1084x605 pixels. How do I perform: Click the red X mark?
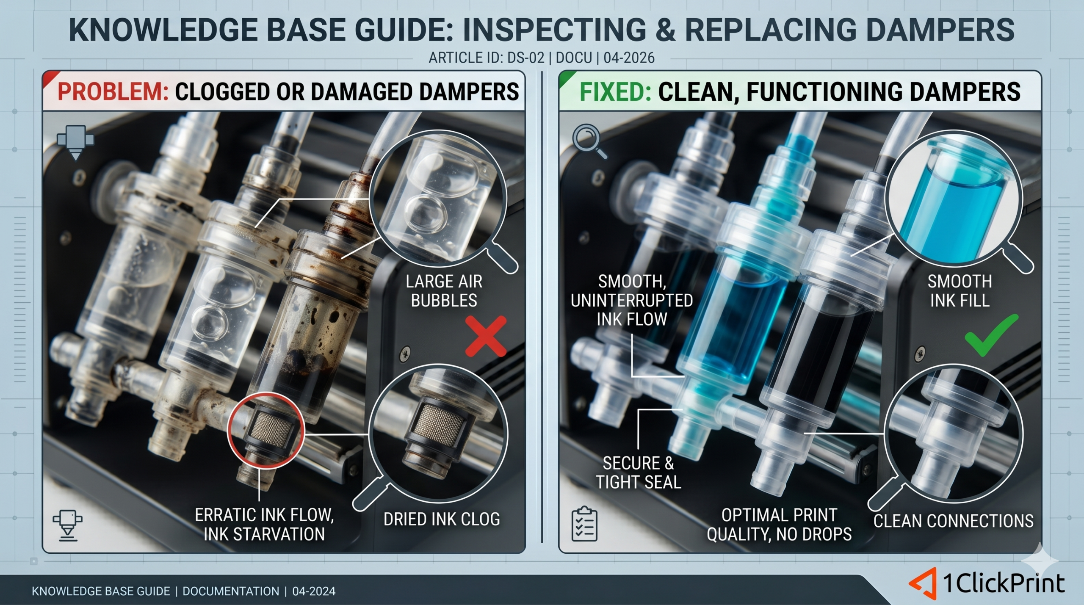486,336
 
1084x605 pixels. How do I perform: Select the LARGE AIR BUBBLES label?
444,291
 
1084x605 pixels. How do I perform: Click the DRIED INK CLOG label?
442,519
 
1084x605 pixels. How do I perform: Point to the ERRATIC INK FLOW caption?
264,525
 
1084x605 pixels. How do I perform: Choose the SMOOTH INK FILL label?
960,291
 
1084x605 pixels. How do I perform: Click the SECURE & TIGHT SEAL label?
639,472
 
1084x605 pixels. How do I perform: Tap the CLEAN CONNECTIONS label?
954,521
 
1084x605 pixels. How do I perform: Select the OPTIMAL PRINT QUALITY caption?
779,525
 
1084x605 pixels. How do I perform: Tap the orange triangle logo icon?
923,583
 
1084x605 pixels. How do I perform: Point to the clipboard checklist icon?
584,525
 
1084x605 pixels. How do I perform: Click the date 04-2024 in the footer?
314,591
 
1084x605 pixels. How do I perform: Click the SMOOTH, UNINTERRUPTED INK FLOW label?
632,300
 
